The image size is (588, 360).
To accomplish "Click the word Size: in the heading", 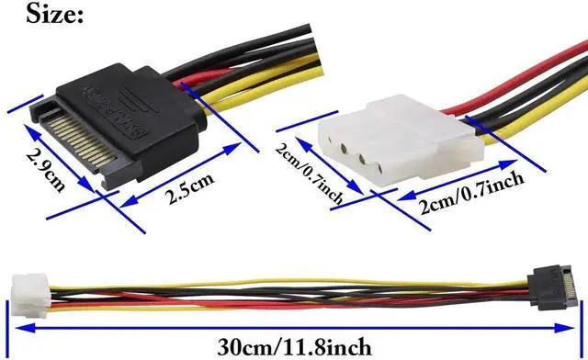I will click(43, 14).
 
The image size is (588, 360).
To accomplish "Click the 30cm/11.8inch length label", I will click(295, 346).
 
